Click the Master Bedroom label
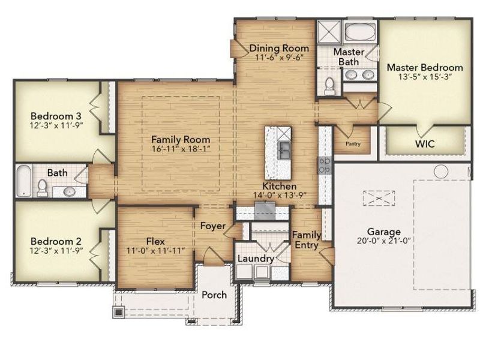point(424,67)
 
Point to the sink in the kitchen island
point(283,147)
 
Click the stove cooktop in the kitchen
point(324,165)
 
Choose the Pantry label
point(353,144)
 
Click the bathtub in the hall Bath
point(22,181)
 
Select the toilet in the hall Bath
point(42,188)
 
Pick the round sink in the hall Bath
point(69,191)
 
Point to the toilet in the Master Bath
point(329,86)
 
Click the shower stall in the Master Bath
point(329,31)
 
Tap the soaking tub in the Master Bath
point(360,31)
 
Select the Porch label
point(214,295)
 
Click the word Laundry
point(256,259)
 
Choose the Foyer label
point(212,226)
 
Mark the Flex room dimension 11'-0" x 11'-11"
point(155,251)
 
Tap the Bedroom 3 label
point(56,115)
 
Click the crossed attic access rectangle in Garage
point(378,197)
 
